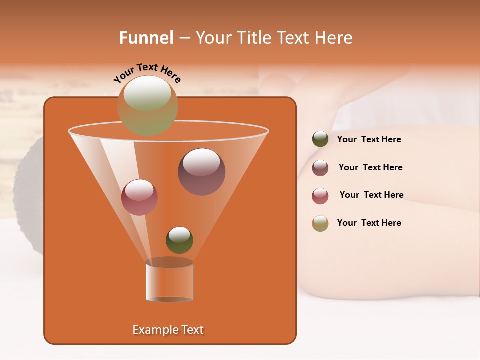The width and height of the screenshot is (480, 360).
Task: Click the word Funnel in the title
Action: point(146,38)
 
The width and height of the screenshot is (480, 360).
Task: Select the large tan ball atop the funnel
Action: point(148,106)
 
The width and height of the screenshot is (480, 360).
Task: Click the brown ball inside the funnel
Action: point(201,172)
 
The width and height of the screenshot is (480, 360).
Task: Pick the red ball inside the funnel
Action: point(139,197)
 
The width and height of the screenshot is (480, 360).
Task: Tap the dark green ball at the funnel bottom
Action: point(179,240)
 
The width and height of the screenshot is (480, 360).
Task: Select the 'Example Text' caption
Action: point(168,330)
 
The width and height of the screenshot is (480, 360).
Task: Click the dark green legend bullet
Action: point(320,139)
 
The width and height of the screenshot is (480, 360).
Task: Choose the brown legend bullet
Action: point(320,168)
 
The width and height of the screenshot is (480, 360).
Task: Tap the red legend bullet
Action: point(320,196)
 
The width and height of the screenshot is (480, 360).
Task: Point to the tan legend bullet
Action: point(320,223)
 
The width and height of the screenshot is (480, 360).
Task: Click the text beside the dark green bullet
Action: point(369,140)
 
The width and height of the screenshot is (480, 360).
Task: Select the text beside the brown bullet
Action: point(370,168)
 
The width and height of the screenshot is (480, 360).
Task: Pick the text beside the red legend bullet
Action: point(371,195)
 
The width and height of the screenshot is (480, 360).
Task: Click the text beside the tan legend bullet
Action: point(369,223)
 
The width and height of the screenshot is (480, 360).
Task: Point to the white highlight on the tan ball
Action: point(147,93)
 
